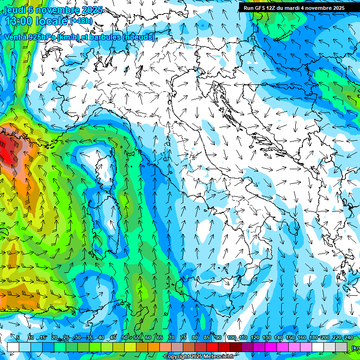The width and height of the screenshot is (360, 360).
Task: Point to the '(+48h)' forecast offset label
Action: click(x=81, y=21)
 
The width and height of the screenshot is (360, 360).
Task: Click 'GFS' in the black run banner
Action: click(x=261, y=8)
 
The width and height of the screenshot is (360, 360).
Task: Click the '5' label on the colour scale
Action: click(x=18, y=337)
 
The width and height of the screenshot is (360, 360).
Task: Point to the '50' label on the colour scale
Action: click(x=124, y=337)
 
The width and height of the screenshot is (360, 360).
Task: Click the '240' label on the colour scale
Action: click(x=349, y=337)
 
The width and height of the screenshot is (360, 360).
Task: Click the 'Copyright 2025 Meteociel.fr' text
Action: click(x=200, y=357)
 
